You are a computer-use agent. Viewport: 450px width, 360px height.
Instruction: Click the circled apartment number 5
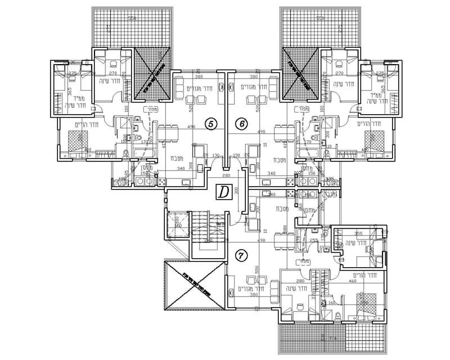[x=210, y=123]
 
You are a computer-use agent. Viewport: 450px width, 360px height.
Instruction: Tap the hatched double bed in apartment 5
[x=75, y=138]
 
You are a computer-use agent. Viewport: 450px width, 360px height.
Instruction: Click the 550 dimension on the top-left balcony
[x=132, y=19]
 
